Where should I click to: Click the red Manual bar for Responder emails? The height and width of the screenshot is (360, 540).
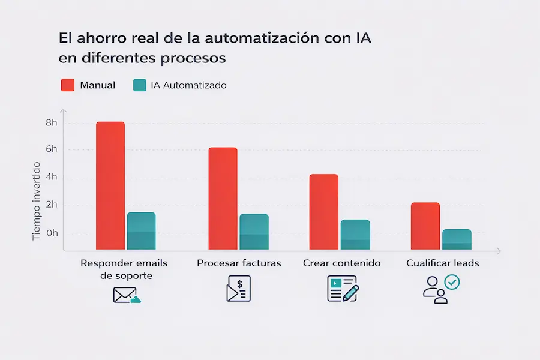pos(110,186)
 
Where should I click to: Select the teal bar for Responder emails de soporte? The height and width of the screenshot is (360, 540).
pos(141,231)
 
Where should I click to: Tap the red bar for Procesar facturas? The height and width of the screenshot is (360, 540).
pos(223,199)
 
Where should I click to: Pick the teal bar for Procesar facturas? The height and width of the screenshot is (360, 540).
pos(254,232)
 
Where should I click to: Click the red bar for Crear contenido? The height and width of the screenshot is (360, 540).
pos(324,212)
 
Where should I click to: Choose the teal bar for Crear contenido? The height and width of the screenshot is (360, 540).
pos(355,235)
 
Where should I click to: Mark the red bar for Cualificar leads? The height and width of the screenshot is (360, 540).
pos(425,226)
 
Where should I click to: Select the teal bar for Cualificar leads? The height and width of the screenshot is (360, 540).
pos(457,239)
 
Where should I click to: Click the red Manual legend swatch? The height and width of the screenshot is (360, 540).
pos(68,85)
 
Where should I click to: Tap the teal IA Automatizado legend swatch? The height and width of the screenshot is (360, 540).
pos(139,85)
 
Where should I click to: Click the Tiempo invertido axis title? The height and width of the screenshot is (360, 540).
pos(36,201)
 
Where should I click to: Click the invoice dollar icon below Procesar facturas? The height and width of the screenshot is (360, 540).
pos(238,289)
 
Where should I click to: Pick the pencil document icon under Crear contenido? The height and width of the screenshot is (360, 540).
pos(343,289)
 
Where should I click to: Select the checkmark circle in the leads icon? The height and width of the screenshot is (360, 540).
pos(451,281)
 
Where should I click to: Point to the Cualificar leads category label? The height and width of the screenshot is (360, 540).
pos(443,263)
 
